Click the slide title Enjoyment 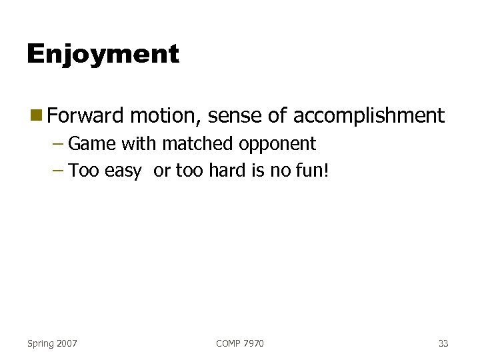[103, 54]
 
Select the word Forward [85, 116]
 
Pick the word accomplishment [368, 116]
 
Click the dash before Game [57, 144]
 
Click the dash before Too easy [57, 171]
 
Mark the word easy [123, 172]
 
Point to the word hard [227, 171]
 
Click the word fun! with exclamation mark [315, 171]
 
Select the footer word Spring [41, 343]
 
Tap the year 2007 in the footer [67, 343]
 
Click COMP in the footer [229, 343]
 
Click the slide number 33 [443, 343]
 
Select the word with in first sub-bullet [139, 144]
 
